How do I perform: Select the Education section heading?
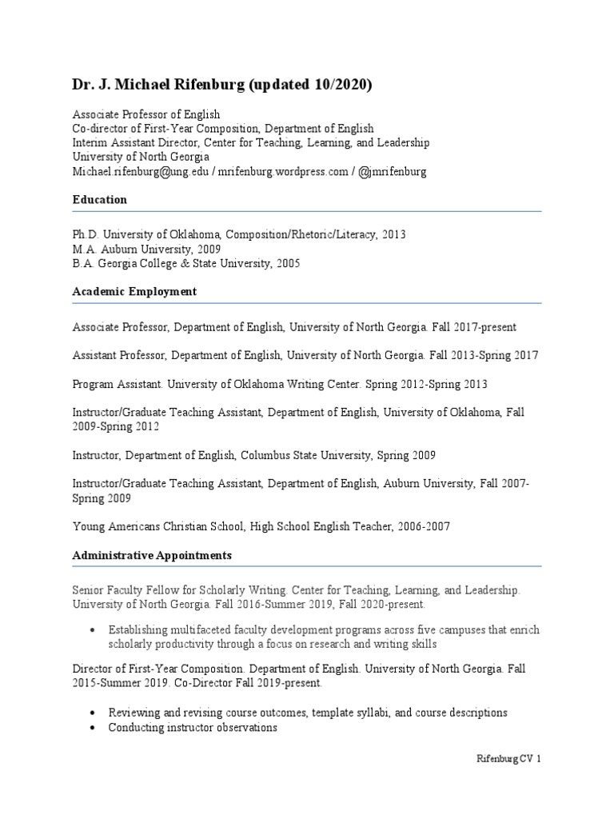coord(100,200)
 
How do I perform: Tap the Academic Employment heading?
coord(134,292)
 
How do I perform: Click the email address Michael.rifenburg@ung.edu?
coord(140,171)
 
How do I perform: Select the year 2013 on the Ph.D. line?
coord(394,234)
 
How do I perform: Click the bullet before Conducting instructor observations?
coord(94,728)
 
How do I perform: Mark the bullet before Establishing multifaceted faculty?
coord(94,629)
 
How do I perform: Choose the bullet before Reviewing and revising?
coord(94,713)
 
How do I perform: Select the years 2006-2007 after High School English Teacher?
coord(422,526)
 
